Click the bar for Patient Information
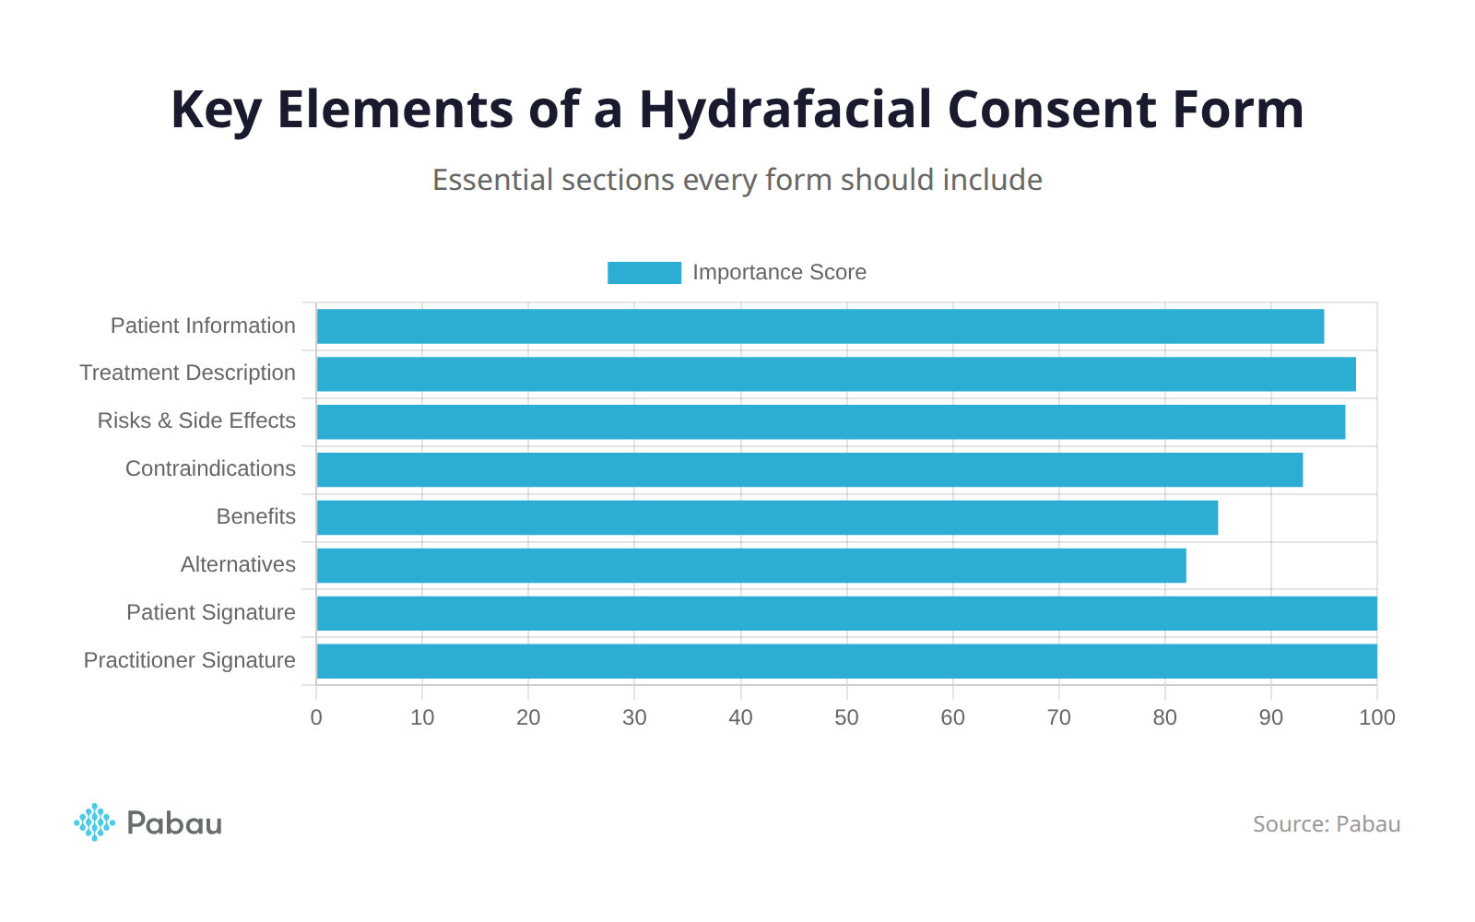point(820,326)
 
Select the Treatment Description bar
point(835,374)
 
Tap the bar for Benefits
point(766,518)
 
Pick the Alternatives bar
point(750,566)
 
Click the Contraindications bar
point(808,470)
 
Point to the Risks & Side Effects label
point(196,420)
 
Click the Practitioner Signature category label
point(189,660)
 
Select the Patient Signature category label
point(210,612)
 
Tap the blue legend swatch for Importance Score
point(643,273)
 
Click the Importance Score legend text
point(779,273)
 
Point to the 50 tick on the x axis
point(846,717)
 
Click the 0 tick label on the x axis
point(316,717)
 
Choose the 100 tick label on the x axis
point(1376,717)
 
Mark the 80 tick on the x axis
point(1164,717)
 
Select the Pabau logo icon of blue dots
point(94,822)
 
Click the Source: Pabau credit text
point(1326,824)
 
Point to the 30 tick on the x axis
point(634,717)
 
